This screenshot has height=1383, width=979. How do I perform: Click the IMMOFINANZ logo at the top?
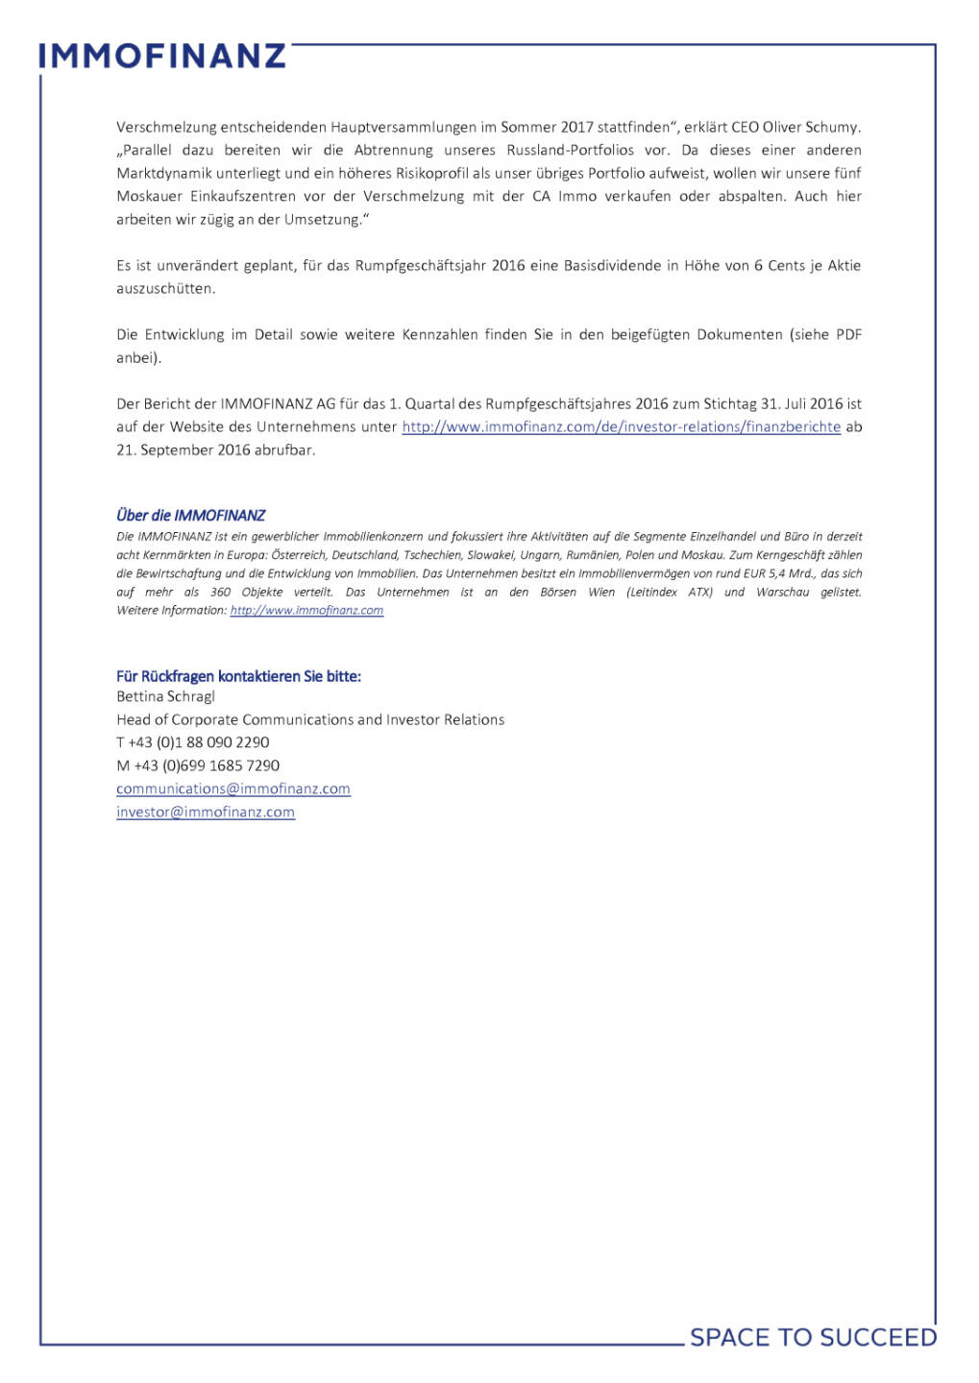click(x=162, y=56)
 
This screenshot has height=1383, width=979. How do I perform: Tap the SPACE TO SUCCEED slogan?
click(x=813, y=1337)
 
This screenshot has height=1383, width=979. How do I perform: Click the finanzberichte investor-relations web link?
click(x=621, y=426)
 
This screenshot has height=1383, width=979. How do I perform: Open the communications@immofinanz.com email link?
click(x=233, y=789)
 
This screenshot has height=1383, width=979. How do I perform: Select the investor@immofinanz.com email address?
click(x=206, y=812)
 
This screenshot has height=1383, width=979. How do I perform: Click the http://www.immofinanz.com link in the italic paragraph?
click(x=306, y=611)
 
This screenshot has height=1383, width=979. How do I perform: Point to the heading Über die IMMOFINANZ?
click(x=190, y=516)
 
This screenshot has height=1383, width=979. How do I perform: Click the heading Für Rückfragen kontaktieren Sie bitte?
click(x=238, y=676)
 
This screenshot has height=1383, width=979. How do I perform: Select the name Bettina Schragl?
click(x=165, y=696)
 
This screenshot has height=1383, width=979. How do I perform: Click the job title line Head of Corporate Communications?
click(x=310, y=719)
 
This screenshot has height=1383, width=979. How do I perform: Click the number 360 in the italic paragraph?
click(x=220, y=593)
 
